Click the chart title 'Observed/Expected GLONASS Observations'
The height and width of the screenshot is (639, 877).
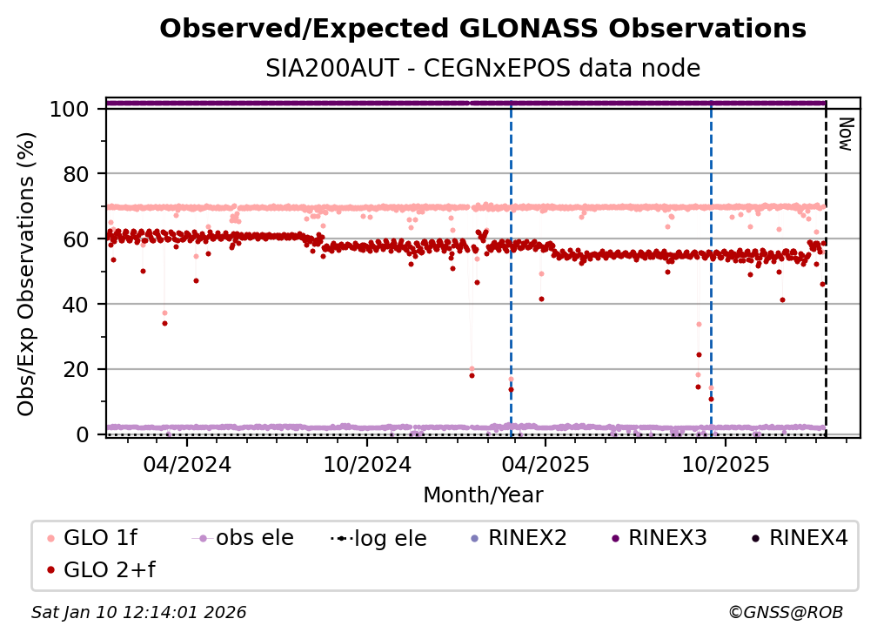(x=483, y=30)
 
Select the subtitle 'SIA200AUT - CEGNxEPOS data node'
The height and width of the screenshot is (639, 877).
(x=483, y=68)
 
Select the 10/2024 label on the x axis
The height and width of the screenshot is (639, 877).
(x=366, y=464)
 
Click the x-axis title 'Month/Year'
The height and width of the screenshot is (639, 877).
(x=483, y=495)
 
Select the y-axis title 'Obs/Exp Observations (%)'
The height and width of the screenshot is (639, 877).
(x=27, y=273)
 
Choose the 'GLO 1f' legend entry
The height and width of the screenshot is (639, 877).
(x=88, y=538)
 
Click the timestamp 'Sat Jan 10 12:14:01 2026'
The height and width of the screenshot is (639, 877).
(x=139, y=613)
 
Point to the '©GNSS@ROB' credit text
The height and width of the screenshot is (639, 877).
(x=786, y=613)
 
